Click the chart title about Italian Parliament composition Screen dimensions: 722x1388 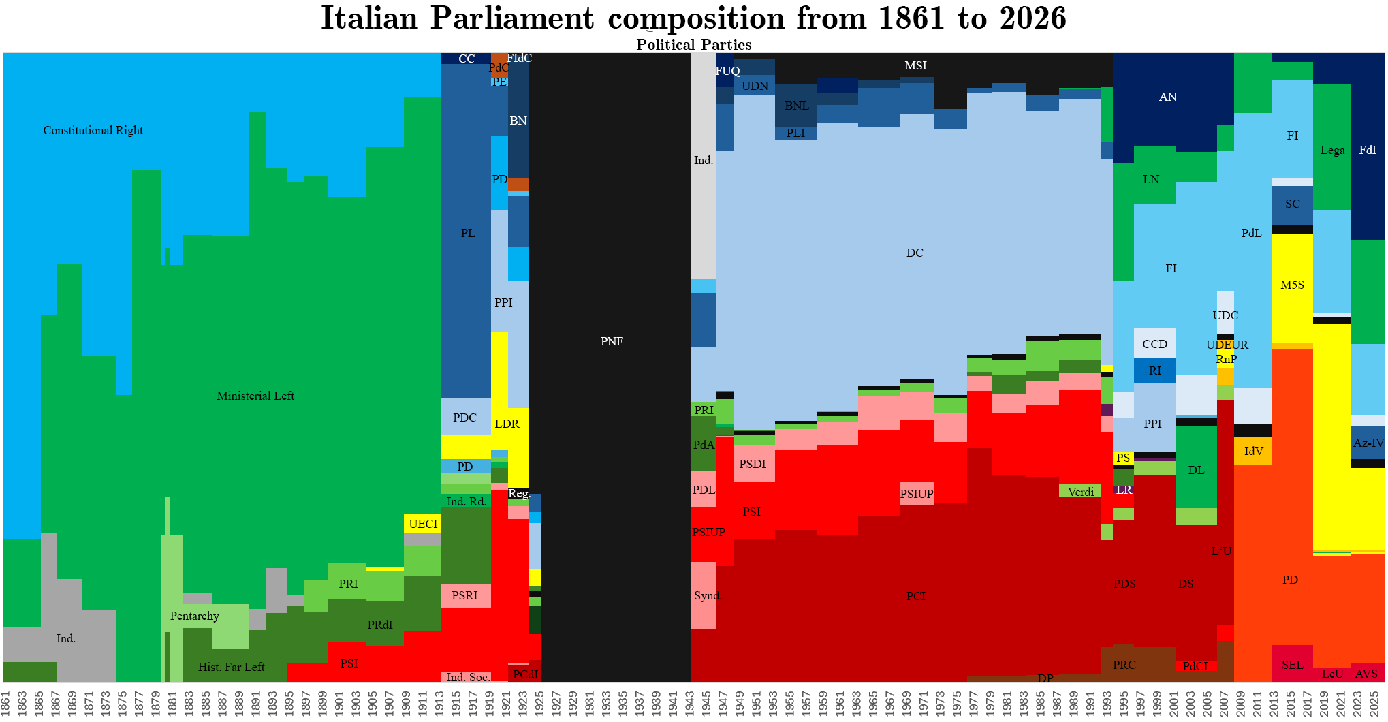coord(693,18)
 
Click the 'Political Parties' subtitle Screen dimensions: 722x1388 coord(693,45)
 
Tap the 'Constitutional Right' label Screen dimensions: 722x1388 coord(93,131)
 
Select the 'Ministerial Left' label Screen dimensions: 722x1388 coord(255,396)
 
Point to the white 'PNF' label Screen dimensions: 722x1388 coord(612,342)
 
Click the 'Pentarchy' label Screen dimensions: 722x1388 coord(195,616)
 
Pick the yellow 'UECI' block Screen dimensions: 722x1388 coord(423,524)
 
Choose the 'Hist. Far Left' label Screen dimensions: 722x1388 coord(231,668)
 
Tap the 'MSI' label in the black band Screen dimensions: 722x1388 coord(915,66)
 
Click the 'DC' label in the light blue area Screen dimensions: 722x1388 coord(915,253)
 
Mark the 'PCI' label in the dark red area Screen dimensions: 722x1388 coord(916,597)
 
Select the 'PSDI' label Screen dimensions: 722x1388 coord(753,465)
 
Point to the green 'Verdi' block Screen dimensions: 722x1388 coord(1080,492)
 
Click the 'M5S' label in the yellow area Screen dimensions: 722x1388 coord(1292,285)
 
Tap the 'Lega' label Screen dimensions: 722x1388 coord(1332,151)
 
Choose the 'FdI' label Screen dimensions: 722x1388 coord(1368,151)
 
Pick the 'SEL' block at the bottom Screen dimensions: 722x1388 coord(1292,665)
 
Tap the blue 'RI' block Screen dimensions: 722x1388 coord(1155,371)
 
